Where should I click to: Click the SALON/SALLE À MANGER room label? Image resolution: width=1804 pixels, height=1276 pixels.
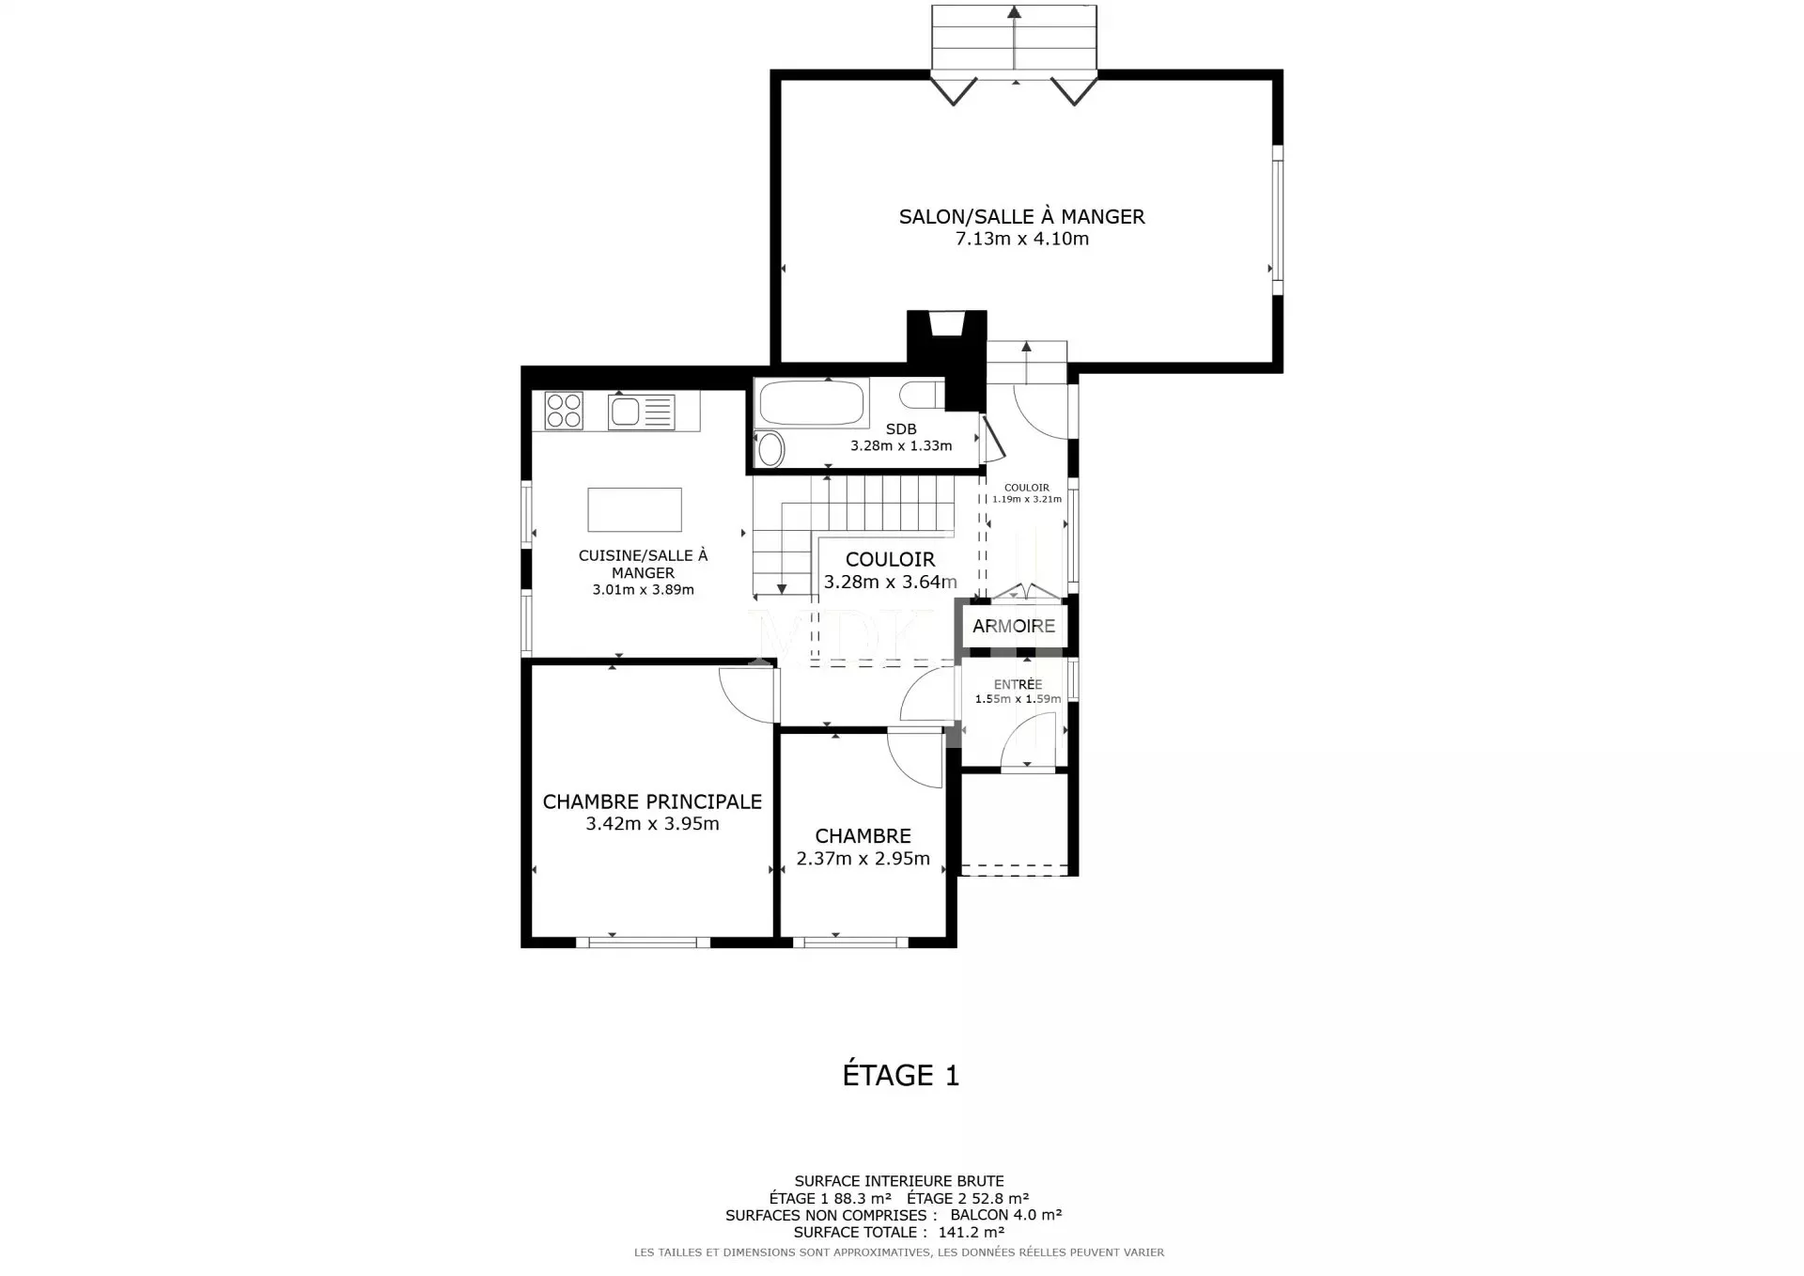click(1021, 217)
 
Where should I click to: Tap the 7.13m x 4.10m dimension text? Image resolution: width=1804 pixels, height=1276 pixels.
click(1022, 239)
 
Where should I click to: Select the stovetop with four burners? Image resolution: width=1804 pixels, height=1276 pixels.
click(564, 411)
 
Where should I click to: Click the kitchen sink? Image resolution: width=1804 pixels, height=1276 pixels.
click(642, 412)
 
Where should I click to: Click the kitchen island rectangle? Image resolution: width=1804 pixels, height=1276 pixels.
click(634, 510)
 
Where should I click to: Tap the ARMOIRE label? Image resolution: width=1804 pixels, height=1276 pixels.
click(1014, 626)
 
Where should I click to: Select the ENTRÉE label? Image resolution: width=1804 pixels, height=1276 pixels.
click(1018, 685)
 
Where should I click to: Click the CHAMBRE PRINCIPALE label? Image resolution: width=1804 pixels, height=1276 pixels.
click(652, 801)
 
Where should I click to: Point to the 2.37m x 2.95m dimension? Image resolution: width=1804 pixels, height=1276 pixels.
click(863, 858)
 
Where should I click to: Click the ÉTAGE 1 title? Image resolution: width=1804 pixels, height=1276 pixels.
click(900, 1075)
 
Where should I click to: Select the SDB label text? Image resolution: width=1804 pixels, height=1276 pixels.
click(901, 429)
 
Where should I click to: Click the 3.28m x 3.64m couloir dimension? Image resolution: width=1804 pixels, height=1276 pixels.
click(891, 582)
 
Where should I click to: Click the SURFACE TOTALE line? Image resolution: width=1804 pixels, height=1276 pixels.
click(899, 1232)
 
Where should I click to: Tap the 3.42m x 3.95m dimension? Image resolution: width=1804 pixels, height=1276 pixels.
click(652, 824)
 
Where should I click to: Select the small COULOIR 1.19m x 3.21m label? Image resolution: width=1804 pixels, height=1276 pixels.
click(1027, 493)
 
